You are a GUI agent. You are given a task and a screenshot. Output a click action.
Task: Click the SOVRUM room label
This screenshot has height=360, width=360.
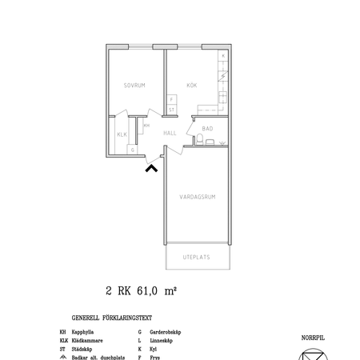[134, 85]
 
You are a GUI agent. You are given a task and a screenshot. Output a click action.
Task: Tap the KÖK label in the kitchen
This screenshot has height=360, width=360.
[192, 85]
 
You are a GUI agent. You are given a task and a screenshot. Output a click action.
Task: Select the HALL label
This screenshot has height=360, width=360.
[170, 134]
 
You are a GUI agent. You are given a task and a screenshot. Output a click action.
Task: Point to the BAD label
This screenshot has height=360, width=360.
[206, 129]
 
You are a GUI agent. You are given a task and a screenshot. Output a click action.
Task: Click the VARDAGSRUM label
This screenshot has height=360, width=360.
[197, 195]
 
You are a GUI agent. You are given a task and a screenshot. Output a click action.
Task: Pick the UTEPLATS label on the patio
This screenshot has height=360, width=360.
[197, 258]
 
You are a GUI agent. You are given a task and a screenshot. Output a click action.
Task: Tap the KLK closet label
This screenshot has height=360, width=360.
[122, 135]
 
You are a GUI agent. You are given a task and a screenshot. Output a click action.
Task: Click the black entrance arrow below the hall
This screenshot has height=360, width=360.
[150, 167]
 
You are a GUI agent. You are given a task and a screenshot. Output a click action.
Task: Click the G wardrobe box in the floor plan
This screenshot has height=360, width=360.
[133, 150]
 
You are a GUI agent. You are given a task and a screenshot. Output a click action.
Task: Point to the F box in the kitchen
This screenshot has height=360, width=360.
[171, 99]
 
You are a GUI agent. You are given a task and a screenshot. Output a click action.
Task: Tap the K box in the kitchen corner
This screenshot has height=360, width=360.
[222, 56]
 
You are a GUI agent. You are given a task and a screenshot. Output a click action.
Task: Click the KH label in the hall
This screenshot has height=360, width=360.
[146, 125]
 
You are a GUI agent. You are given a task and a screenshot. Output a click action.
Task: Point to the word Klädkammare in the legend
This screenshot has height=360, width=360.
[87, 340]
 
